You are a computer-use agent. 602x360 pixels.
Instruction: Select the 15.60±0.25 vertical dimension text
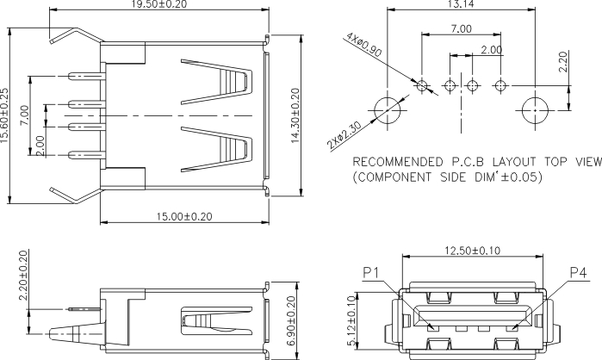pyautogui.click(x=3, y=115)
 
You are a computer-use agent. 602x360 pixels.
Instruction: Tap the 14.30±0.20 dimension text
pyautogui.click(x=295, y=115)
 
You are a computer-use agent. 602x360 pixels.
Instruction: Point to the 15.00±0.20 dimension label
pyautogui.click(x=184, y=216)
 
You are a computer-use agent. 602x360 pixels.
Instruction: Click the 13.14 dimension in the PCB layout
pyautogui.click(x=461, y=3)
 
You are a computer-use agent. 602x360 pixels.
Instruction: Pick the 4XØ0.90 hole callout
pyautogui.click(x=363, y=45)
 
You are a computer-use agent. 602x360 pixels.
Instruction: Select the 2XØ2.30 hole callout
pyautogui.click(x=344, y=135)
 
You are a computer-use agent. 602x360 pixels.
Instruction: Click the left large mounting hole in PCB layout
pyautogui.click(x=387, y=110)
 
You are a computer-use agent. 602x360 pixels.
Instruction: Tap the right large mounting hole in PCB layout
pyautogui.click(x=535, y=110)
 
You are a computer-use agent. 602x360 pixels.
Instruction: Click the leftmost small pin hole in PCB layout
pyautogui.click(x=421, y=85)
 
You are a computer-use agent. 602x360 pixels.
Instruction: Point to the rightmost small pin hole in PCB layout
pyautogui.click(x=500, y=85)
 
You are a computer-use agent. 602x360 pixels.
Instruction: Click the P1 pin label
pyautogui.click(x=371, y=273)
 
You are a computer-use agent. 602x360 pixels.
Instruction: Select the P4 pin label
pyautogui.click(x=578, y=273)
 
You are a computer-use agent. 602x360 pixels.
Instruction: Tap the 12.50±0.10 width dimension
pyautogui.click(x=473, y=251)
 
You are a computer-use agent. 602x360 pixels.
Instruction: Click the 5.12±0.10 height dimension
pyautogui.click(x=351, y=321)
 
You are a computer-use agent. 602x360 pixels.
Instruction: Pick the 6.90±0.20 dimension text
pyautogui.click(x=291, y=321)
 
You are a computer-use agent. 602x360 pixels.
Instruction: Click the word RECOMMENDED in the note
pyautogui.click(x=397, y=162)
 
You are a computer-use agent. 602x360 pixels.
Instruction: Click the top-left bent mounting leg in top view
pyautogui.click(x=77, y=34)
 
